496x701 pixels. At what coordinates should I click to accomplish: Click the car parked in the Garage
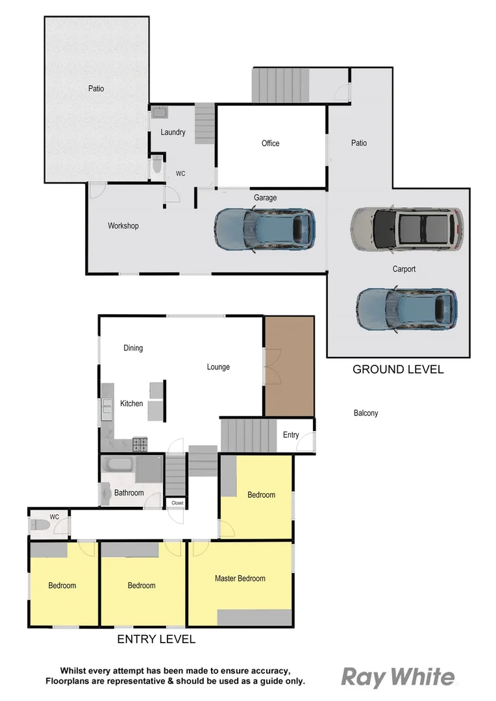click(x=265, y=228)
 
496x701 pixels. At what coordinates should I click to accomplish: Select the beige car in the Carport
click(x=407, y=229)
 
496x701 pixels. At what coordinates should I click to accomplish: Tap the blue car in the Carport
click(x=406, y=310)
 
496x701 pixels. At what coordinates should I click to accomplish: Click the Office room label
click(x=271, y=143)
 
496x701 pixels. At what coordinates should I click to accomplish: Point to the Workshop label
click(x=123, y=226)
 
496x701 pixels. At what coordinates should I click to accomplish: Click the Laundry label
click(x=173, y=132)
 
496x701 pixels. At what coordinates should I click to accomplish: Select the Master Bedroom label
click(x=240, y=578)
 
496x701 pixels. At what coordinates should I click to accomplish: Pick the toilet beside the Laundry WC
click(x=156, y=166)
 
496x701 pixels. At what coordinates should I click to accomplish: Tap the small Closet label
click(x=177, y=502)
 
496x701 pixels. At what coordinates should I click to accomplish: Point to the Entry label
click(x=291, y=435)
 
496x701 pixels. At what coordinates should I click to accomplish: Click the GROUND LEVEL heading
click(x=398, y=369)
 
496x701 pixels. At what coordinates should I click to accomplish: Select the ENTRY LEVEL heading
click(x=156, y=639)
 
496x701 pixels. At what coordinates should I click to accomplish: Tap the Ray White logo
click(x=398, y=677)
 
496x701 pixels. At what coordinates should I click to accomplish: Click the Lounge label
click(x=218, y=367)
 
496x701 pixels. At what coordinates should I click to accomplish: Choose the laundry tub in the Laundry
click(x=160, y=112)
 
